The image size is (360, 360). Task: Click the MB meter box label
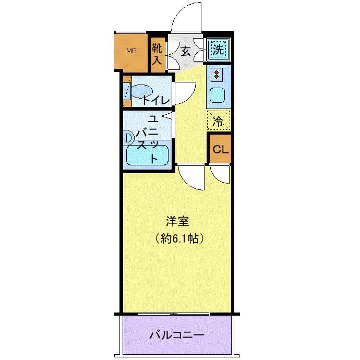point(131,52)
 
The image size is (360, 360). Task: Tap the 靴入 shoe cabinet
point(157,54)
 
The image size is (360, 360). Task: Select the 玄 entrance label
point(185,51)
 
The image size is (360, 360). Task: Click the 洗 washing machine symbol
point(218,50)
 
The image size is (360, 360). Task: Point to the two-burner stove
point(216,75)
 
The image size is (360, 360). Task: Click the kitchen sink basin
point(216,96)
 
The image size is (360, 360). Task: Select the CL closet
point(220,149)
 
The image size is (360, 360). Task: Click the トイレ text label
point(156,100)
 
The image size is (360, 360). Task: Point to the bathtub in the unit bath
point(147,155)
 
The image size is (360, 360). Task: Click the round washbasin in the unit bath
point(128,138)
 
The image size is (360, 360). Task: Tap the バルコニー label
point(176,335)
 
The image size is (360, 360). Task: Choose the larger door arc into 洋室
point(190,177)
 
